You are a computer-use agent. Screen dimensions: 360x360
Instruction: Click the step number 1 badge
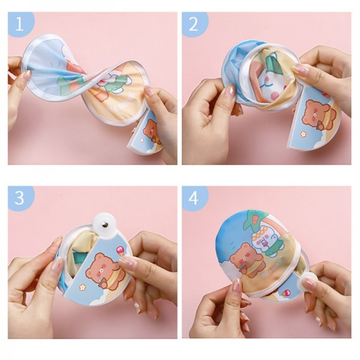pos(20,24)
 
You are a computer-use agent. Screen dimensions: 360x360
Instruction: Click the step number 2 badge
pos(194,24)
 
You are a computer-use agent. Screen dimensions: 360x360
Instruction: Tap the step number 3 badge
pos(20,198)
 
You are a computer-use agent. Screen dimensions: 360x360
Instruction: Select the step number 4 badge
pos(194,198)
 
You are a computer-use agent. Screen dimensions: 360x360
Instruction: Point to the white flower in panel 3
pos(82,287)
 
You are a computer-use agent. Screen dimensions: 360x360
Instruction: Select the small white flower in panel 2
pos(304,134)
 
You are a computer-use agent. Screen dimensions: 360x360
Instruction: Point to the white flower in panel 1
pos(142,140)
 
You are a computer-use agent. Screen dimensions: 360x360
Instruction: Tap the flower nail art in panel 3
pos(137,305)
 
